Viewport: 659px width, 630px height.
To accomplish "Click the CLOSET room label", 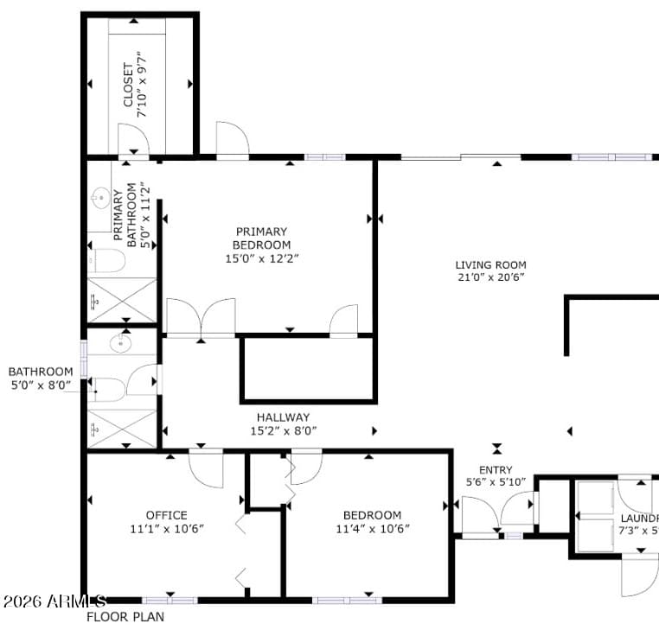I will pos(129,84).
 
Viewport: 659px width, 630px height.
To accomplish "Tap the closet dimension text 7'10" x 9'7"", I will pos(144,84).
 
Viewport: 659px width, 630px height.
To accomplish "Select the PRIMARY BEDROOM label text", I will pos(260,238).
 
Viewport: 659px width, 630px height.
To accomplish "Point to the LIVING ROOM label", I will pos(490,265).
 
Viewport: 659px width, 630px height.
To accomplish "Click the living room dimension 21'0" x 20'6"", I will pos(490,277).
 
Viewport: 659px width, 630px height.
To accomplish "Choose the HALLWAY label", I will pos(283,417).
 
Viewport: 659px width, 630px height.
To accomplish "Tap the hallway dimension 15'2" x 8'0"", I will pos(284,430).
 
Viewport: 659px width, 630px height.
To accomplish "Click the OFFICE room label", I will pos(166,516).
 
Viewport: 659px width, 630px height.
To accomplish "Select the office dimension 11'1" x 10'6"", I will pos(167,529).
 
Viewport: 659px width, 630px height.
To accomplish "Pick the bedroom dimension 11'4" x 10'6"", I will pos(372,529).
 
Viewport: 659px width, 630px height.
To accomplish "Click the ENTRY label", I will pos(496,470).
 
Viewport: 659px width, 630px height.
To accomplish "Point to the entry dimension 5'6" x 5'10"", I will pos(496,482).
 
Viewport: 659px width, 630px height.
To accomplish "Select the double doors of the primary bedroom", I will pos(201,317).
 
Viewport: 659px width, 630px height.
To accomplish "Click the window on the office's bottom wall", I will pos(169,600).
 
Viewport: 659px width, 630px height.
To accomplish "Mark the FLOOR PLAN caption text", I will pos(125,617).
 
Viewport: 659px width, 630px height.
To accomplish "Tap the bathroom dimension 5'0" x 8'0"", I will pos(42,385).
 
